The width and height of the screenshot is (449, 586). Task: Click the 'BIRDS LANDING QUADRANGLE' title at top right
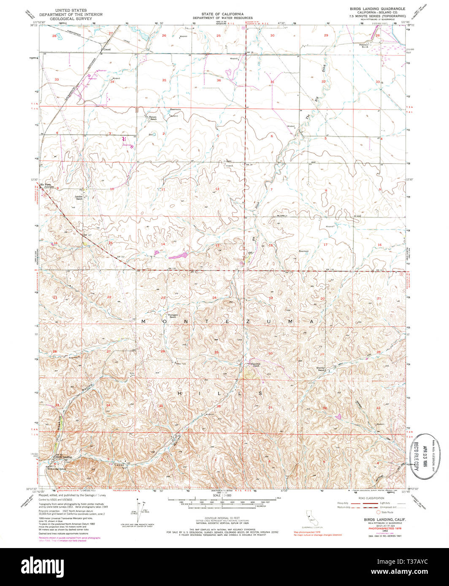[x=377, y=8]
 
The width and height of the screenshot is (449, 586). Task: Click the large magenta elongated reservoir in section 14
[x=180, y=255]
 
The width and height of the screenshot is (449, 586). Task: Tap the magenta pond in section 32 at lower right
[x=338, y=417]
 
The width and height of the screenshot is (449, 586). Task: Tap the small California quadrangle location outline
[x=311, y=518]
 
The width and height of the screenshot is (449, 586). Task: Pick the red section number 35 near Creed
[x=152, y=80]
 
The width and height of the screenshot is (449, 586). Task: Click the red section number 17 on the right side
[x=325, y=245]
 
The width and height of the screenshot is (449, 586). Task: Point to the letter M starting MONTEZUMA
[x=143, y=322]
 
